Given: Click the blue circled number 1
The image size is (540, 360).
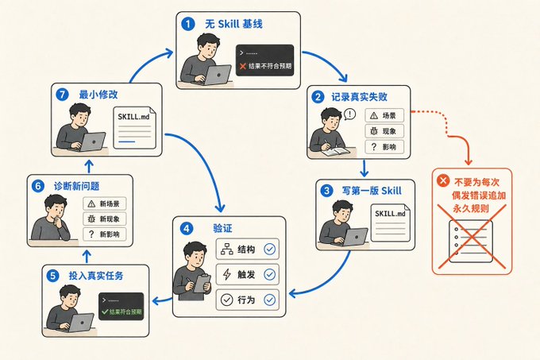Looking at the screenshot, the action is point(187,24).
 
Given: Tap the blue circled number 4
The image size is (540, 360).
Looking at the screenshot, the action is point(187,229).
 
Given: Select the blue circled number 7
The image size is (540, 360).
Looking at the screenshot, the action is point(62,95).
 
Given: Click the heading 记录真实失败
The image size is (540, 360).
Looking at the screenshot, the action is point(359,97).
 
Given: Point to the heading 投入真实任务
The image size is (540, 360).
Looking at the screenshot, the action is point(96,276).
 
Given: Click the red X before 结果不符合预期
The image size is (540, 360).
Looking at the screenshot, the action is point(243,66).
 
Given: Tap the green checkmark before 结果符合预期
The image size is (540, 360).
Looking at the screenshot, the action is point(105,312).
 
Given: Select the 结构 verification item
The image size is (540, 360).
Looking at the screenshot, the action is point(247,249).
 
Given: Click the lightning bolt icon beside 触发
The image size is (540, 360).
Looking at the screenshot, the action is point(226,274).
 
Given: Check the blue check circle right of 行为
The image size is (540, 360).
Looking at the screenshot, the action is point(270,300).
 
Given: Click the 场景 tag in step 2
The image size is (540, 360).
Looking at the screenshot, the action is point(384,115).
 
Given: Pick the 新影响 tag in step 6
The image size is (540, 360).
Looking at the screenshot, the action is point(105,234).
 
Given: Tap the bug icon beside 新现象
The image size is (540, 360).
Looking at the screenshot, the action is point(91,219).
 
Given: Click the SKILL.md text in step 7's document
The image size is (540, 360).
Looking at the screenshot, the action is point(133,117).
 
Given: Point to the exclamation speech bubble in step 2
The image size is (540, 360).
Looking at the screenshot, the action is point(349,114).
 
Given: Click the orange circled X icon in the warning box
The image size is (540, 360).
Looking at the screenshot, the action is point(443,180).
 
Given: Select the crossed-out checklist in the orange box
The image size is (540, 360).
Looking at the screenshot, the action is point(471,241).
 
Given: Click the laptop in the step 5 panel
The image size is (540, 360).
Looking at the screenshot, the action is point(79,323).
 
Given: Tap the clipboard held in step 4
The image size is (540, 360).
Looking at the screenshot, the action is point(202,284).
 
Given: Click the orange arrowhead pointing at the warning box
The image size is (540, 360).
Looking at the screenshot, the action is point(468,161).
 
